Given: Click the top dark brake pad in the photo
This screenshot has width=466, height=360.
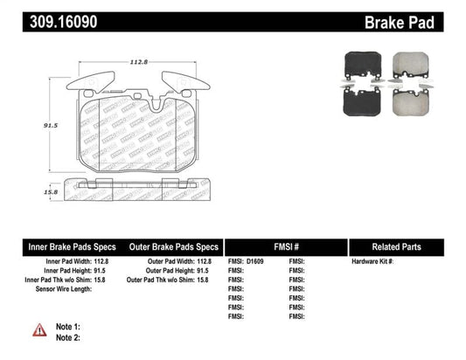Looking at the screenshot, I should pyautogui.click(x=358, y=61).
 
